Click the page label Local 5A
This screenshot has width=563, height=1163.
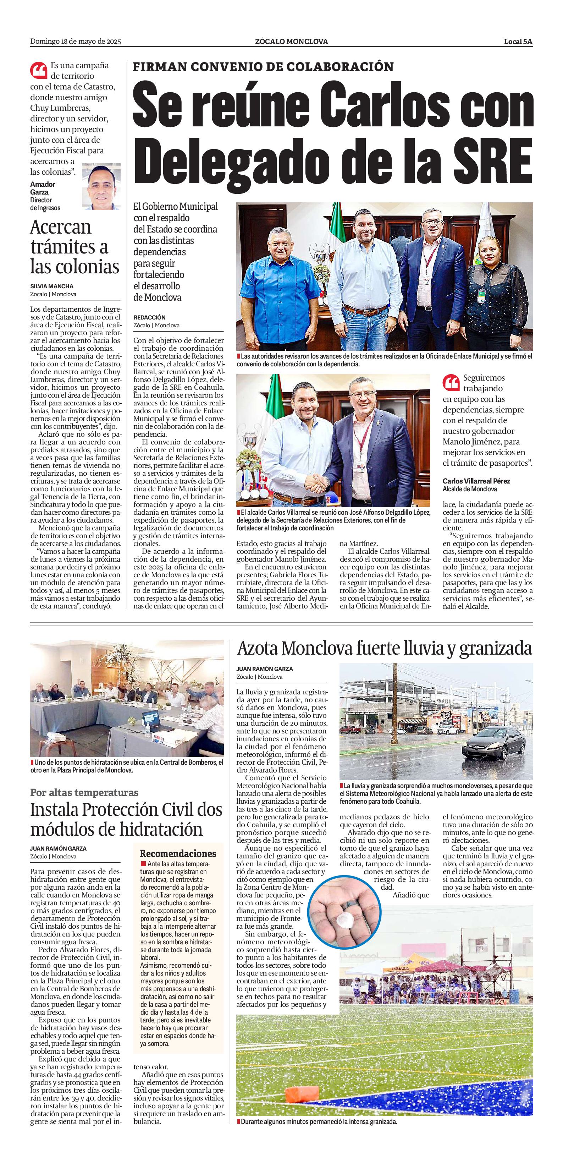(x=518, y=42)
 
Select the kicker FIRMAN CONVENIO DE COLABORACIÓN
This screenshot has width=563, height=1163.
(x=263, y=67)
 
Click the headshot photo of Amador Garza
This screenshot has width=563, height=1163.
(x=101, y=187)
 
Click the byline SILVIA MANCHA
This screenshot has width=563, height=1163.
(x=51, y=286)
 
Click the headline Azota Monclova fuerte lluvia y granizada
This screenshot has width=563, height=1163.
(x=384, y=649)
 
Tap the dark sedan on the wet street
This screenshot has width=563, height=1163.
(x=493, y=747)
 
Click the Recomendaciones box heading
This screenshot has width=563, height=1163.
(x=178, y=854)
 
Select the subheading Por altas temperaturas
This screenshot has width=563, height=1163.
(x=84, y=792)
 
